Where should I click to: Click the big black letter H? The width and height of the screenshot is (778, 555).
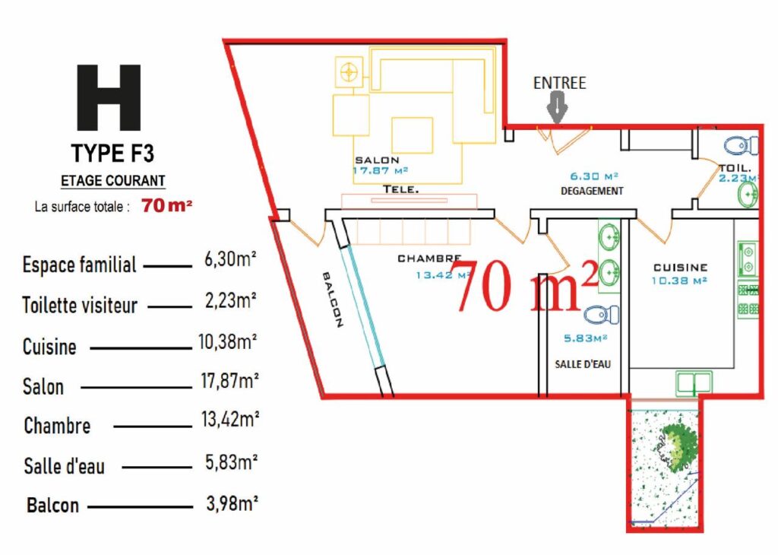pos(109,98)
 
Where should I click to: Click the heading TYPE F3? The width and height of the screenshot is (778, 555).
pos(112,153)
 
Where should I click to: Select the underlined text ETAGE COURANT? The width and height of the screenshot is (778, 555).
pos(112,181)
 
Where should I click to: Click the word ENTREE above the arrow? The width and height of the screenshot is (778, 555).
pos(559,83)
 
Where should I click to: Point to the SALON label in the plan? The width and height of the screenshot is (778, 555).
pos(377,160)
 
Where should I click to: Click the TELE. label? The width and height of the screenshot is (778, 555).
pos(401,189)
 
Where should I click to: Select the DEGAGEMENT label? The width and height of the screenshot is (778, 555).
pos(592,191)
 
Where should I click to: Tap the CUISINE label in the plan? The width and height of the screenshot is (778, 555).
pos(680,268)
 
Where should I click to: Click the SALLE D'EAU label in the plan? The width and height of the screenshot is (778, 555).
pos(583,364)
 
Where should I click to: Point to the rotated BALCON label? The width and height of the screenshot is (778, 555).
pos(333,300)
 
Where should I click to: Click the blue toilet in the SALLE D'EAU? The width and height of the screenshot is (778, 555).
pos(602,315)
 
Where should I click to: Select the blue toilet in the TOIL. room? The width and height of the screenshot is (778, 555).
pos(741,146)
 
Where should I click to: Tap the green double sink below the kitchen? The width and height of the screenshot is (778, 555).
pos(694,384)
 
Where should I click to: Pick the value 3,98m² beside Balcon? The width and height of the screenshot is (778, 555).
pos(232,503)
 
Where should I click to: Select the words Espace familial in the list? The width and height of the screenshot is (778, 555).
pos(79,265)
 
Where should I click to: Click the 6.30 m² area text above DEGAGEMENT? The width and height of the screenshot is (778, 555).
pos(594,176)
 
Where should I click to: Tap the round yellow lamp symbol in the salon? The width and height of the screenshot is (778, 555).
pos(349,72)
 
